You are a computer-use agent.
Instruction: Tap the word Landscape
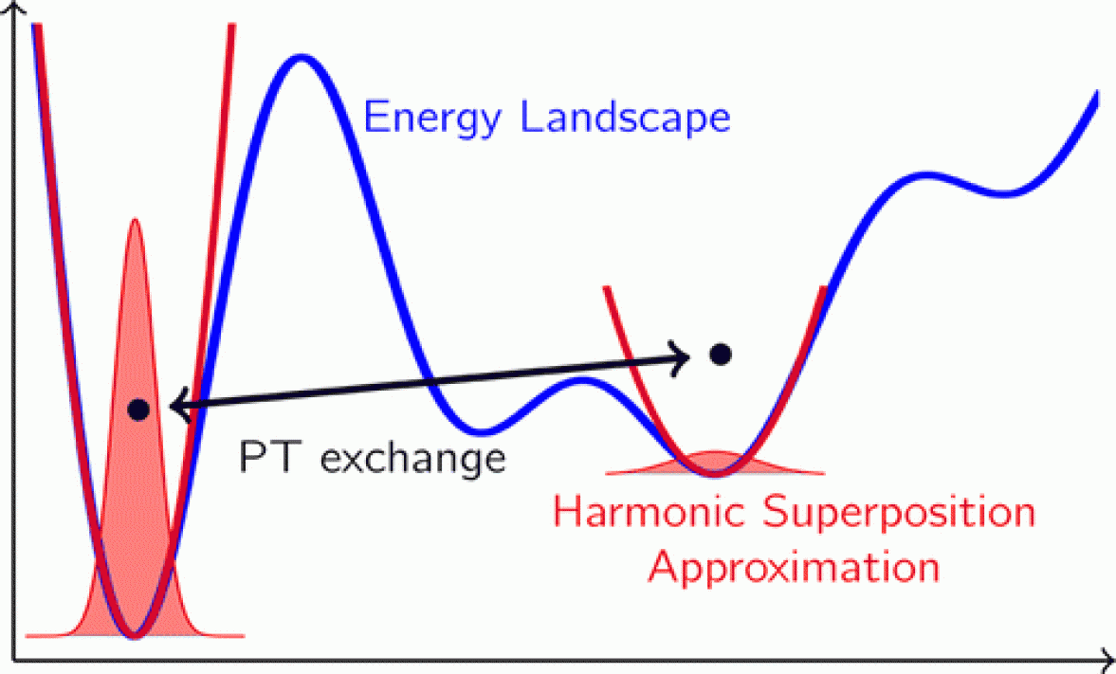(626, 117)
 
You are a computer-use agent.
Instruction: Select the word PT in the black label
(266, 457)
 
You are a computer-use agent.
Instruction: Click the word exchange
(412, 458)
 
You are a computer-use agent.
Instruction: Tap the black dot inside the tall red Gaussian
(138, 410)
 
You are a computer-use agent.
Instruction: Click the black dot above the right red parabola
(721, 355)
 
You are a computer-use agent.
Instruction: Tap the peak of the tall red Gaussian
(135, 221)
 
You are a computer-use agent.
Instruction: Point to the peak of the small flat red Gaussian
(715, 453)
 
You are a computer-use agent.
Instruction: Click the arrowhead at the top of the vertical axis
(14, 6)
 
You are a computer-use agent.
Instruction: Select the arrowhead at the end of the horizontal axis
(1107, 660)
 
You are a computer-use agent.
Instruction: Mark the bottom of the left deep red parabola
(134, 634)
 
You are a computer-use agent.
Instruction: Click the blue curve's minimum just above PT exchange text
(482, 430)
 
